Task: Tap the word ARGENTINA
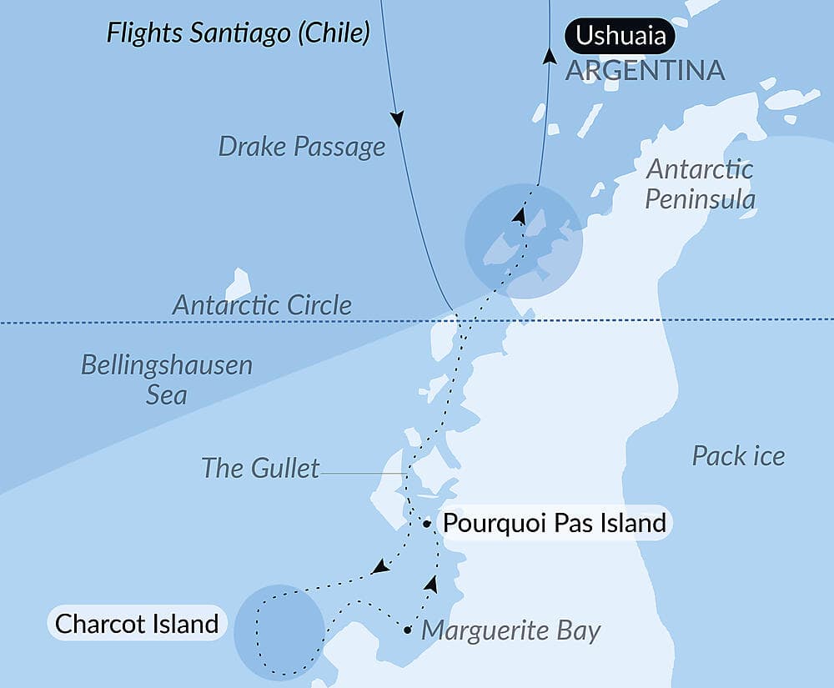pos(645,71)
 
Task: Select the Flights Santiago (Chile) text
pos(238,33)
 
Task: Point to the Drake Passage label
pos(302,147)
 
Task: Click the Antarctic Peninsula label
pos(701,184)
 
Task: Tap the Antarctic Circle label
pos(262,305)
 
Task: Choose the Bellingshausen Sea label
pos(167,379)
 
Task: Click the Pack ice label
pos(738,455)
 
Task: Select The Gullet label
pos(260,468)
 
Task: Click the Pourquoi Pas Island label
pos(555,524)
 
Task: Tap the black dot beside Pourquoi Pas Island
pos(427,525)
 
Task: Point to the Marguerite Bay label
pos(510,630)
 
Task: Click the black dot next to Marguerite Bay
pos(407,630)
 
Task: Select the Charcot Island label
pos(137,623)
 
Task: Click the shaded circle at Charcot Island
pos(279,630)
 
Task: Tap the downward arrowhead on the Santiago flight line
pos(398,119)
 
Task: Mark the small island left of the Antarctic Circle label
pos(239,284)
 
